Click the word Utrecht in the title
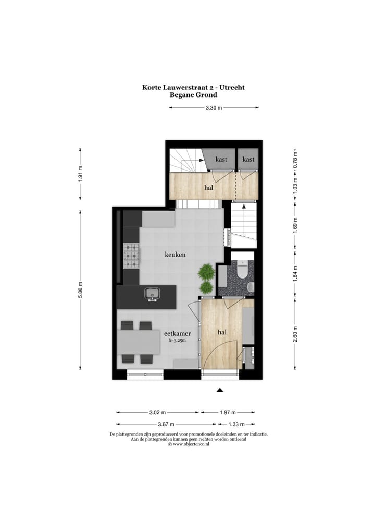231,87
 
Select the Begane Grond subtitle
193,95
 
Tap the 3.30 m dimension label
214,108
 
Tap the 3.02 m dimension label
157,412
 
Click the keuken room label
175,255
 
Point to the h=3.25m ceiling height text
177,341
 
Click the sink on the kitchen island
152,294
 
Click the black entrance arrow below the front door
220,390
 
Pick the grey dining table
139,342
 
